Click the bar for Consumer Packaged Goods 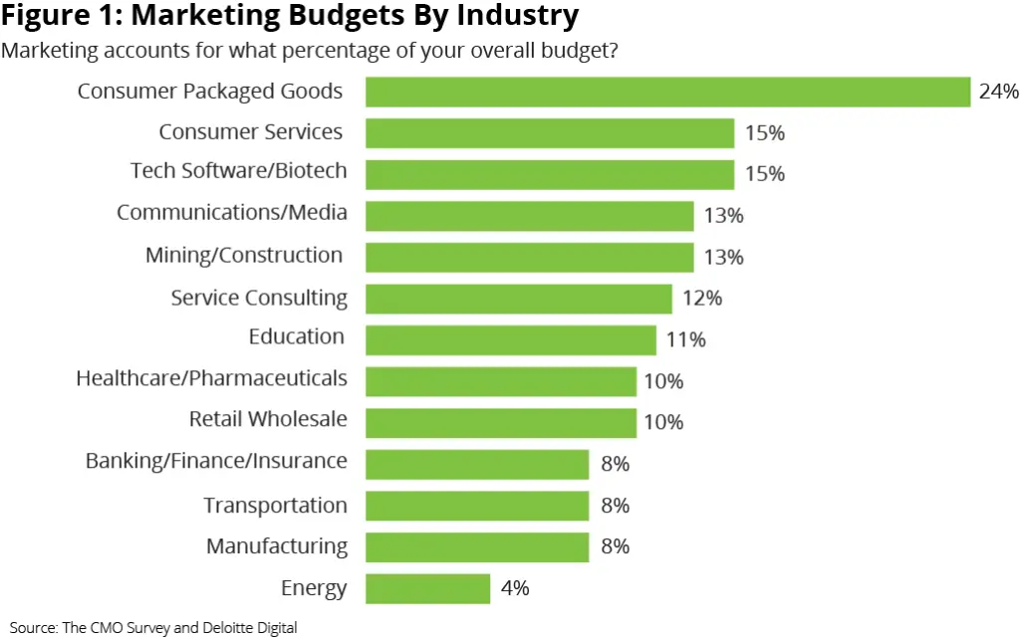pyautogui.click(x=667, y=92)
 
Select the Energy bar pyautogui.click(x=427, y=588)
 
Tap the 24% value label pyautogui.click(x=999, y=92)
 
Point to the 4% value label pyautogui.click(x=515, y=588)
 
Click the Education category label pyautogui.click(x=297, y=336)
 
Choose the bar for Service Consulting pyautogui.click(x=518, y=299)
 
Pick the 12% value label pyautogui.click(x=702, y=299)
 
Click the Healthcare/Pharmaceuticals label pyautogui.click(x=211, y=378)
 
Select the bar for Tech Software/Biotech pyautogui.click(x=549, y=174)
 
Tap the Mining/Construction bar pyautogui.click(x=529, y=257)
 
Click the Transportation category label pyautogui.click(x=275, y=506)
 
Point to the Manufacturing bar pyautogui.click(x=477, y=546)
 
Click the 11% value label pyautogui.click(x=685, y=340)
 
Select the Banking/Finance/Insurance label pyautogui.click(x=216, y=461)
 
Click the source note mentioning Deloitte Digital pyautogui.click(x=153, y=627)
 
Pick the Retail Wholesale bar pyautogui.click(x=500, y=423)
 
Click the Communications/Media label pyautogui.click(x=231, y=212)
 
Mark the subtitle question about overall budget pyautogui.click(x=310, y=50)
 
